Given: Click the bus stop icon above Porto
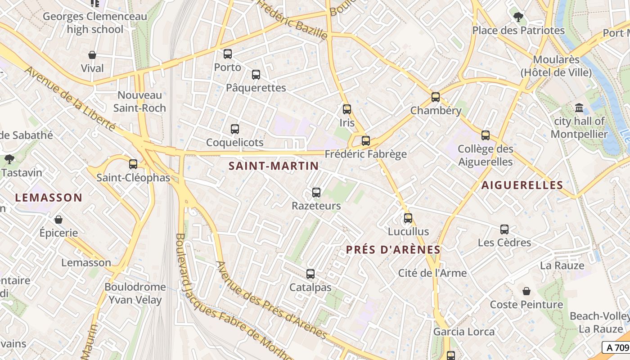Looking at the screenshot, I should (228, 54).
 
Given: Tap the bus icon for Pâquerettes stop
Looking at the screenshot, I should (256, 75).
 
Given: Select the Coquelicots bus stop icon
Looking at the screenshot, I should (235, 129).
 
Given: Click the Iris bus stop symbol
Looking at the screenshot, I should (347, 109).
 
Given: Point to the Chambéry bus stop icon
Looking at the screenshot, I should (436, 97).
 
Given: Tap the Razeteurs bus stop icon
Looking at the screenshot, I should (316, 193).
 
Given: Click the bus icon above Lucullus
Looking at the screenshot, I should (408, 218).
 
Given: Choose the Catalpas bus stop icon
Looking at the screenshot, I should (310, 274).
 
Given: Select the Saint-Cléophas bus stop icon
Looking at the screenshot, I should (133, 164).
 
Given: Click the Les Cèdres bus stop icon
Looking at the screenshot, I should (504, 229).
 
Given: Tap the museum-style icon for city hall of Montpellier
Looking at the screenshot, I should (579, 108).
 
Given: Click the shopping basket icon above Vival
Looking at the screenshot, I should (92, 55).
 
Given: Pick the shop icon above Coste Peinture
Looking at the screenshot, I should (526, 291).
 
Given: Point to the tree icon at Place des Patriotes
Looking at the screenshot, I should (518, 17).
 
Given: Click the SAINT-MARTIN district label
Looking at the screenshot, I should (274, 166).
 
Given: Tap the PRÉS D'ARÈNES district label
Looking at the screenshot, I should (393, 250).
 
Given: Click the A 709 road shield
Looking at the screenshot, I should (616, 347).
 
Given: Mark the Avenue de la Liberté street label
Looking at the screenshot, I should (70, 99).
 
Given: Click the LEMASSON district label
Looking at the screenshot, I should (49, 198).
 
